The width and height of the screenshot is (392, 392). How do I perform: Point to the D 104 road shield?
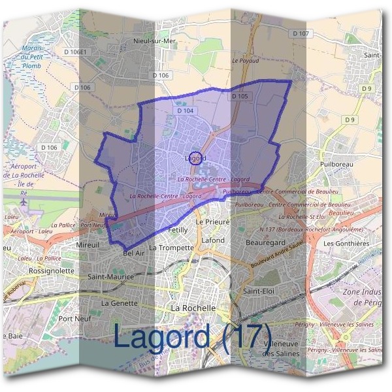coord(186,111)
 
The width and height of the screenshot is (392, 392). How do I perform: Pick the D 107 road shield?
coord(300,33)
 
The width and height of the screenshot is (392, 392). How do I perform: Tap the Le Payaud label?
coord(245,60)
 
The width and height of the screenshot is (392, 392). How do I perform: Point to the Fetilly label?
coord(178,231)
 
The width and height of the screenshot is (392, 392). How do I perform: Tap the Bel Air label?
coord(133,252)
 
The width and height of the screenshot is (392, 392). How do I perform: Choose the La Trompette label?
coord(172,248)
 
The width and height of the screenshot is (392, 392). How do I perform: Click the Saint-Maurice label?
coord(110,277)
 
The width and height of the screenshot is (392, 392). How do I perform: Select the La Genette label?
coord(120,303)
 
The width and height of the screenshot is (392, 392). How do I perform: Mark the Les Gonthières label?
coord(346,244)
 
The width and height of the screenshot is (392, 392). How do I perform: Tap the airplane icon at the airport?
coord(24,201)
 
